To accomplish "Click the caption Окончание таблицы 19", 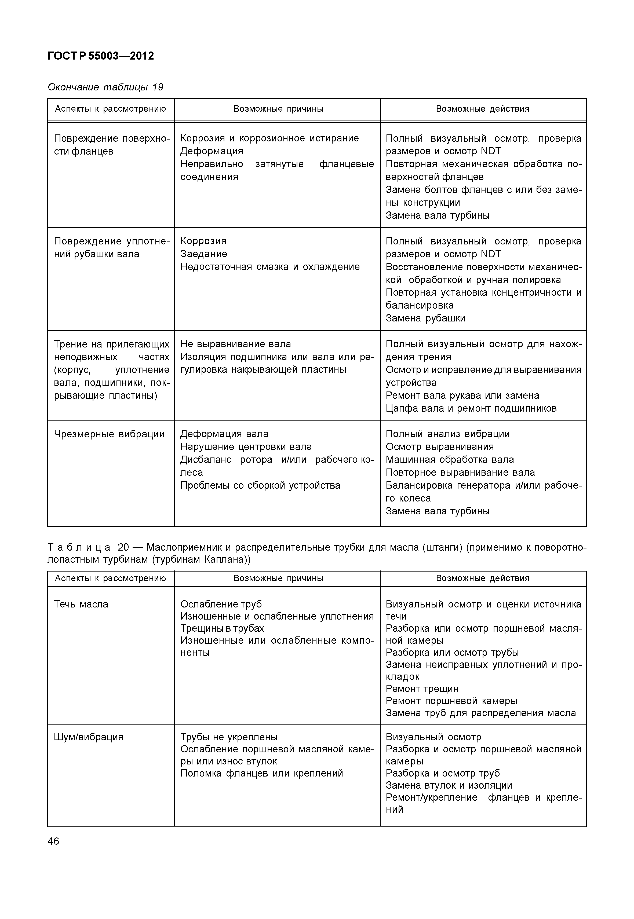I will [x=105, y=87].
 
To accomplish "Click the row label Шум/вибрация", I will [x=89, y=737].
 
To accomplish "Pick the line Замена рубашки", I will [x=425, y=318].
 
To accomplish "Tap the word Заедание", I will [x=204, y=254].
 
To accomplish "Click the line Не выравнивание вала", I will [x=236, y=344].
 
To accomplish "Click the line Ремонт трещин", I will [x=422, y=689].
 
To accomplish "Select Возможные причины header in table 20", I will [x=278, y=578].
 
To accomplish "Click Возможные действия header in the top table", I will [x=483, y=109].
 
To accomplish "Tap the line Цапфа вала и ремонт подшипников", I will [x=471, y=408].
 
